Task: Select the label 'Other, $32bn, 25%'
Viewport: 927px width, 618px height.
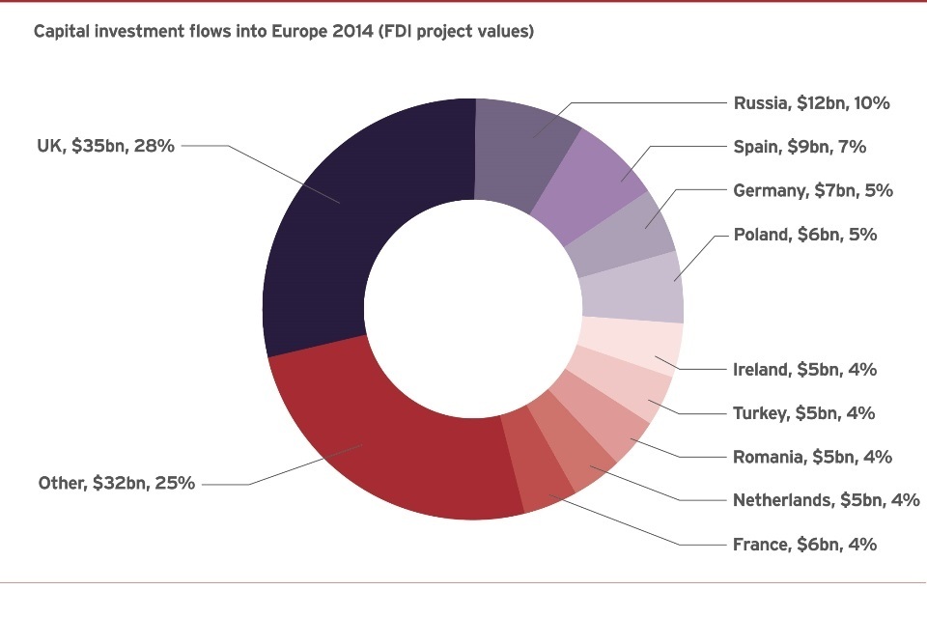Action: (116, 483)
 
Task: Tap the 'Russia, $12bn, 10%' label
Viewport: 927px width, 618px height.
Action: (811, 103)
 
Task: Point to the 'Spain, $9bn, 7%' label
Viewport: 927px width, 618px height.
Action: (800, 147)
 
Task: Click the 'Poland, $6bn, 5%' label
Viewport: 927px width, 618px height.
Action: (805, 234)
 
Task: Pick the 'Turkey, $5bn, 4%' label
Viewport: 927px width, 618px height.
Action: (804, 413)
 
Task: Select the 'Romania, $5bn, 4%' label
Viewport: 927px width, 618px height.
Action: (812, 457)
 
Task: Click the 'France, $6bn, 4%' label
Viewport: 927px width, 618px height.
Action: (805, 544)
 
